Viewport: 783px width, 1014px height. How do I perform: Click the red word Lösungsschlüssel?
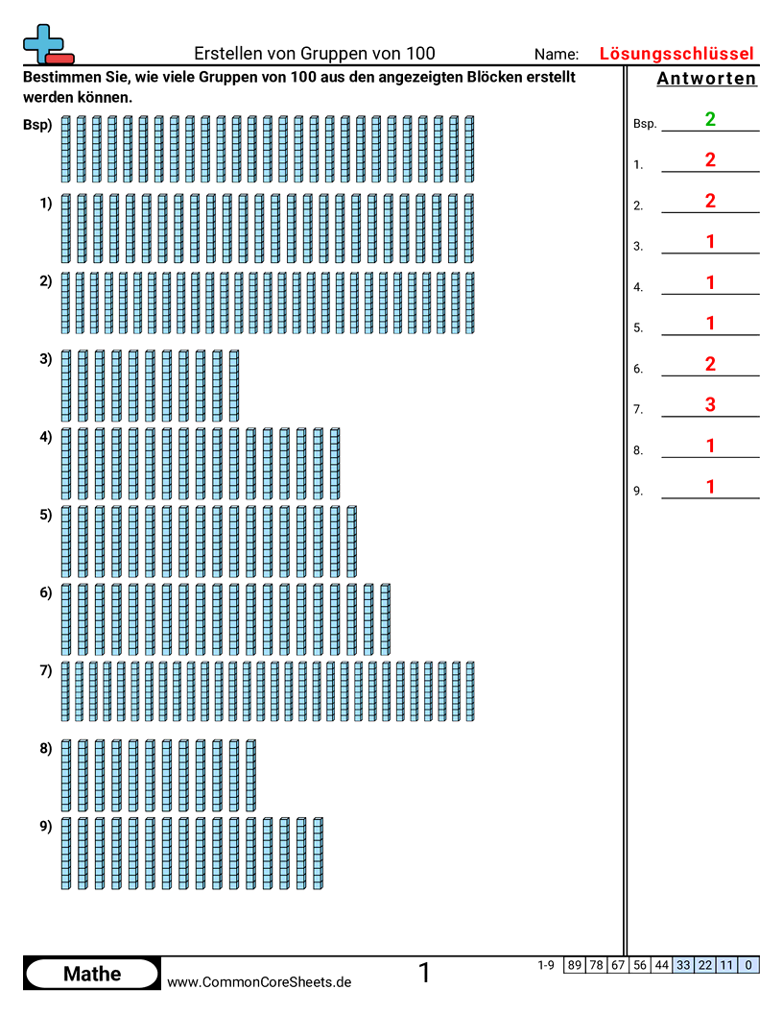[676, 54]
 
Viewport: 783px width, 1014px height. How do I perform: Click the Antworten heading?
[707, 79]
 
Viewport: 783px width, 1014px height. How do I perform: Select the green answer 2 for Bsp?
[710, 120]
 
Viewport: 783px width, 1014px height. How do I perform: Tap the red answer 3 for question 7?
[710, 405]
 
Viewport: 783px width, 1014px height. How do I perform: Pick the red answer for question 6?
[710, 364]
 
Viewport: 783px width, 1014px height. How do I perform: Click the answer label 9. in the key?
[638, 492]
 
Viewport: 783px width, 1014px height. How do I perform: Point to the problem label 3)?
[45, 359]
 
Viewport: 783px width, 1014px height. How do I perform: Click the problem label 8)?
[45, 749]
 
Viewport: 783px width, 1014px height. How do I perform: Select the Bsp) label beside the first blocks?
[37, 125]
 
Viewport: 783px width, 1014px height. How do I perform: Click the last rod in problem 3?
[234, 386]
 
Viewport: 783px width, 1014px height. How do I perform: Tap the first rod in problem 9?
[66, 853]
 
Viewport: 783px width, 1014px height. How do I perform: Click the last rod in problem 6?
[385, 619]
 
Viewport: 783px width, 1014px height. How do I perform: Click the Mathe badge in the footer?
[92, 974]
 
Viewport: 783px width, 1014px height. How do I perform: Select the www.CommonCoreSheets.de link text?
[259, 981]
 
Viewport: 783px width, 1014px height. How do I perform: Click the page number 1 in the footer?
[424, 974]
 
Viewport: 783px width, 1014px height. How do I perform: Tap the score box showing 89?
[575, 965]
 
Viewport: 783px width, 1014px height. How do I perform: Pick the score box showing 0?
[748, 965]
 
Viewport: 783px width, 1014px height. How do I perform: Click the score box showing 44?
[661, 965]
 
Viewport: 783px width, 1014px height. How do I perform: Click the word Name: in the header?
[557, 55]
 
